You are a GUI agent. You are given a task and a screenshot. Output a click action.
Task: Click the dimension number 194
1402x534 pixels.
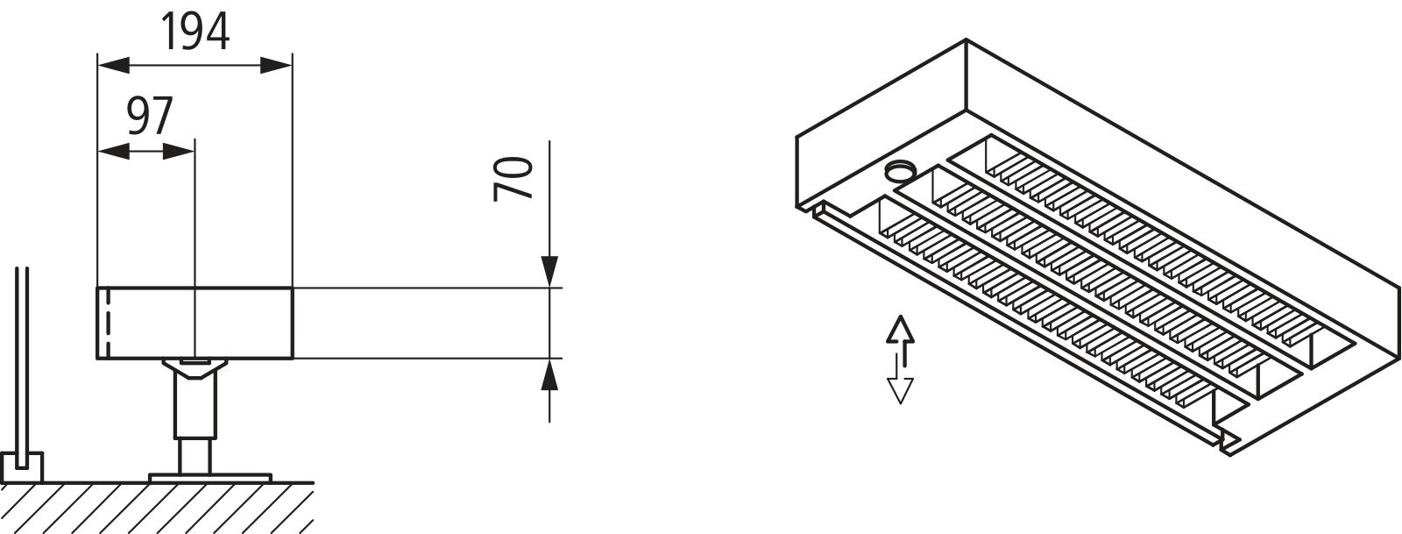195,33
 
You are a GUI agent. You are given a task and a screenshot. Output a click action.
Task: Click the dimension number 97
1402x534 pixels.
149,117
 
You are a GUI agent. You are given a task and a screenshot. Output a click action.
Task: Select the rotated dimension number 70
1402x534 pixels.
514,178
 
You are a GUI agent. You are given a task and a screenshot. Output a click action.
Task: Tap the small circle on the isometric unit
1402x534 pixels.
898,171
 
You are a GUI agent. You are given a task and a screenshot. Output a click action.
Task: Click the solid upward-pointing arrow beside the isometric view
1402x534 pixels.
900,333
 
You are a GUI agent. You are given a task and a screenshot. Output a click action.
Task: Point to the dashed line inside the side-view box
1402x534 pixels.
106,324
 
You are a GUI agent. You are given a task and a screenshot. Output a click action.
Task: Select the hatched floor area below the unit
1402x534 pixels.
158,509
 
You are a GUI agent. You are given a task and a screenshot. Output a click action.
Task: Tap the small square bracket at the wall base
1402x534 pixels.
23,467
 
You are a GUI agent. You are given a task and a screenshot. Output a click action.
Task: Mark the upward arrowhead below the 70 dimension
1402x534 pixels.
549,375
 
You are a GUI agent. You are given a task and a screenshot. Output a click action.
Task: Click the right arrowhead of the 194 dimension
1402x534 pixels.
279,64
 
